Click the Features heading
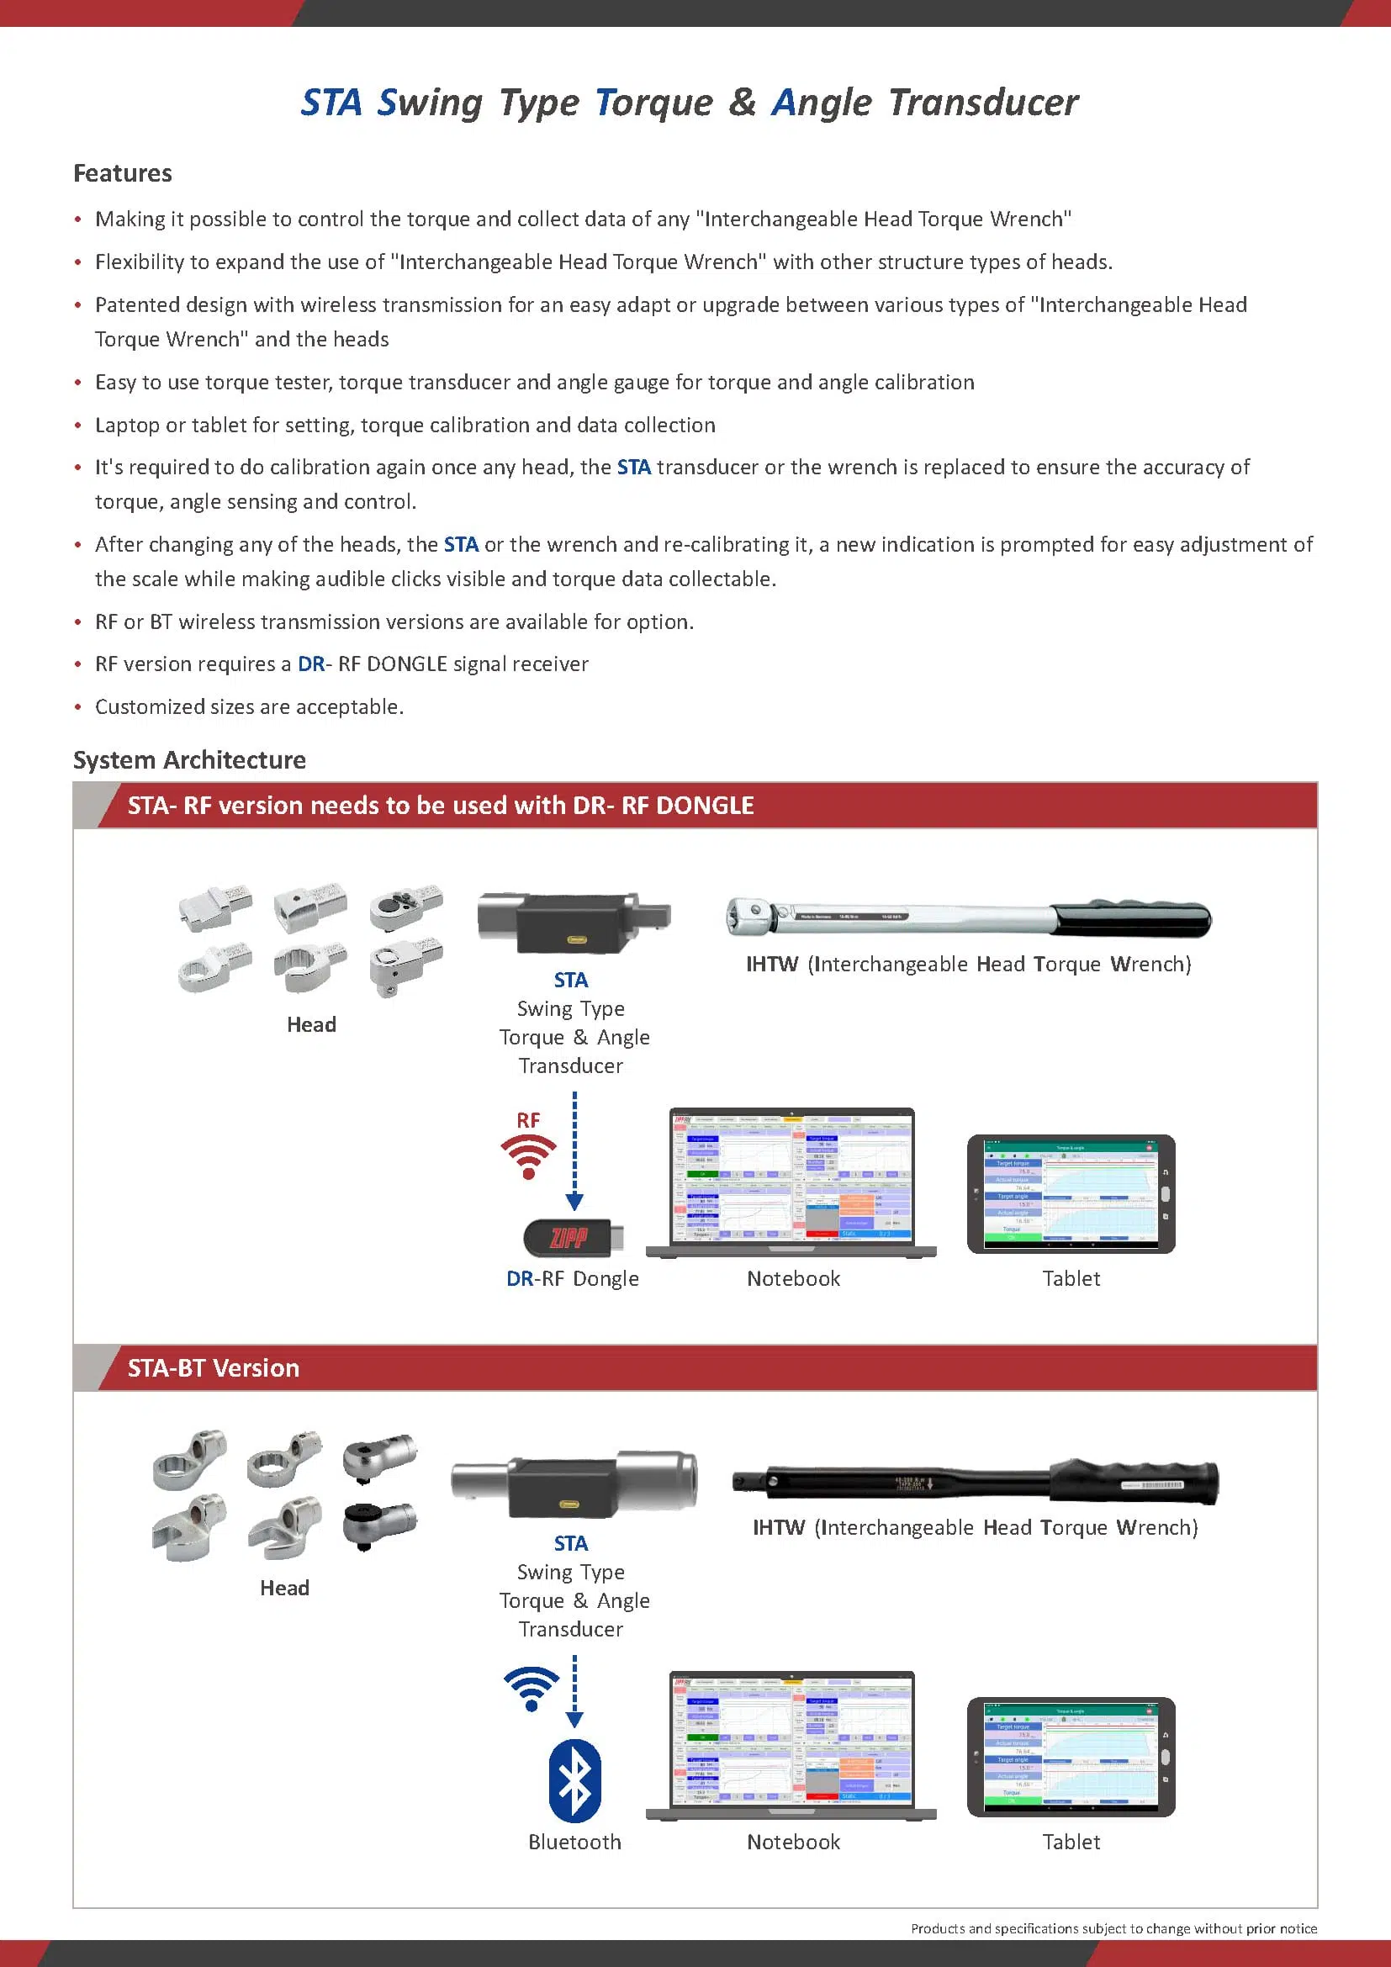point(123,173)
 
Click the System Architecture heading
point(189,760)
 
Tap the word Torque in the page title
point(653,103)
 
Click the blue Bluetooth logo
point(574,1781)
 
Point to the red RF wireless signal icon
point(528,1155)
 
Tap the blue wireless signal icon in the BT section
point(532,1688)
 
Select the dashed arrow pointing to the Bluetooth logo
point(574,1689)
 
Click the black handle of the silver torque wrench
point(1130,920)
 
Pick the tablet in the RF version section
point(1071,1194)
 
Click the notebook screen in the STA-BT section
point(792,1738)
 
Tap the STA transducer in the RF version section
point(573,923)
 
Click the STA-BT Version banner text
point(214,1368)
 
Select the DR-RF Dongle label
point(572,1278)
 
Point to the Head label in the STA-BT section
point(284,1588)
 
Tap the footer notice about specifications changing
point(1113,1928)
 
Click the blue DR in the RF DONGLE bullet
point(311,664)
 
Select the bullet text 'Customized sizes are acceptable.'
point(249,706)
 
